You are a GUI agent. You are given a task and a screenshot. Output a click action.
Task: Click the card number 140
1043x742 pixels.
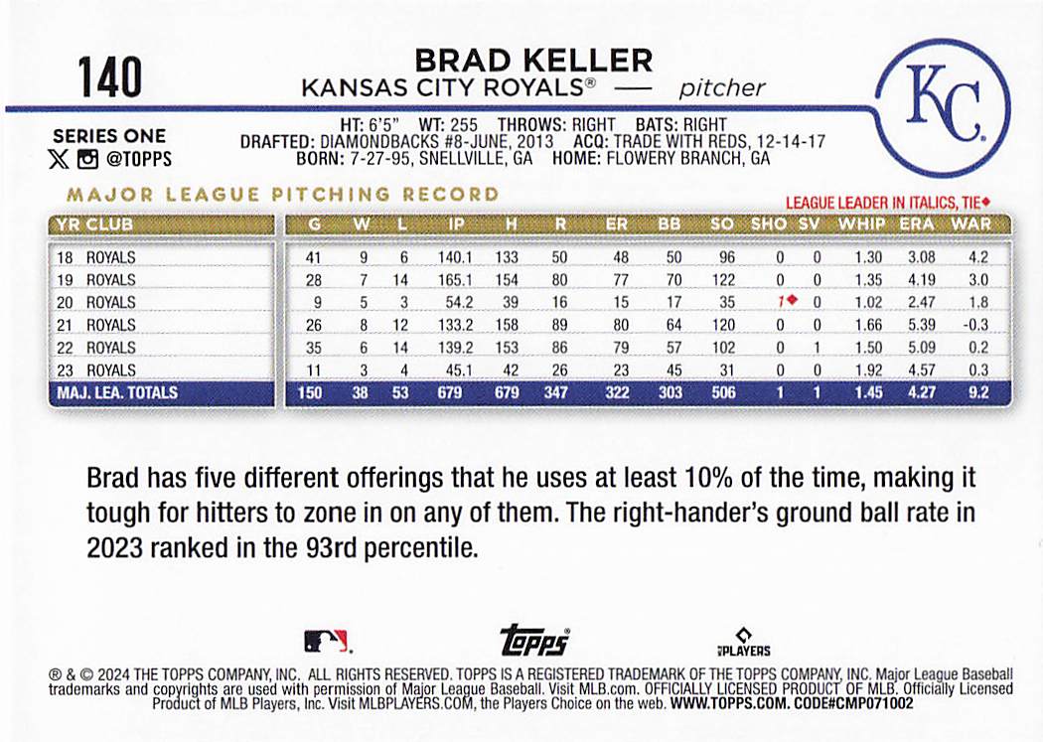click(110, 77)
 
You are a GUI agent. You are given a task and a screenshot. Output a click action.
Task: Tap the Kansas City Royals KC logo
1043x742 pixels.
click(944, 106)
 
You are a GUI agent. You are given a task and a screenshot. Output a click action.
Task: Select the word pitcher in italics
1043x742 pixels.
click(722, 87)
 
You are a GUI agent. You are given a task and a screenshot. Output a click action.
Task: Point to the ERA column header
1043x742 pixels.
click(916, 224)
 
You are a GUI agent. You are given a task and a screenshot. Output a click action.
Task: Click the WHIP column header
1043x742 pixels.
click(860, 224)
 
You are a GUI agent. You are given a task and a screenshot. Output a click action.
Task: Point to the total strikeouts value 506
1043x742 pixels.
click(723, 392)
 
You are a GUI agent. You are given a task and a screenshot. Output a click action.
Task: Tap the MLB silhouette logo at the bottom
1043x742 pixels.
click(326, 640)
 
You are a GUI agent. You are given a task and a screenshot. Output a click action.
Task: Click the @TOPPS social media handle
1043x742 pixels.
click(138, 159)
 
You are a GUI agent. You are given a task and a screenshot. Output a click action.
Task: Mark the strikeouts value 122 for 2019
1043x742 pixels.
click(723, 279)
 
